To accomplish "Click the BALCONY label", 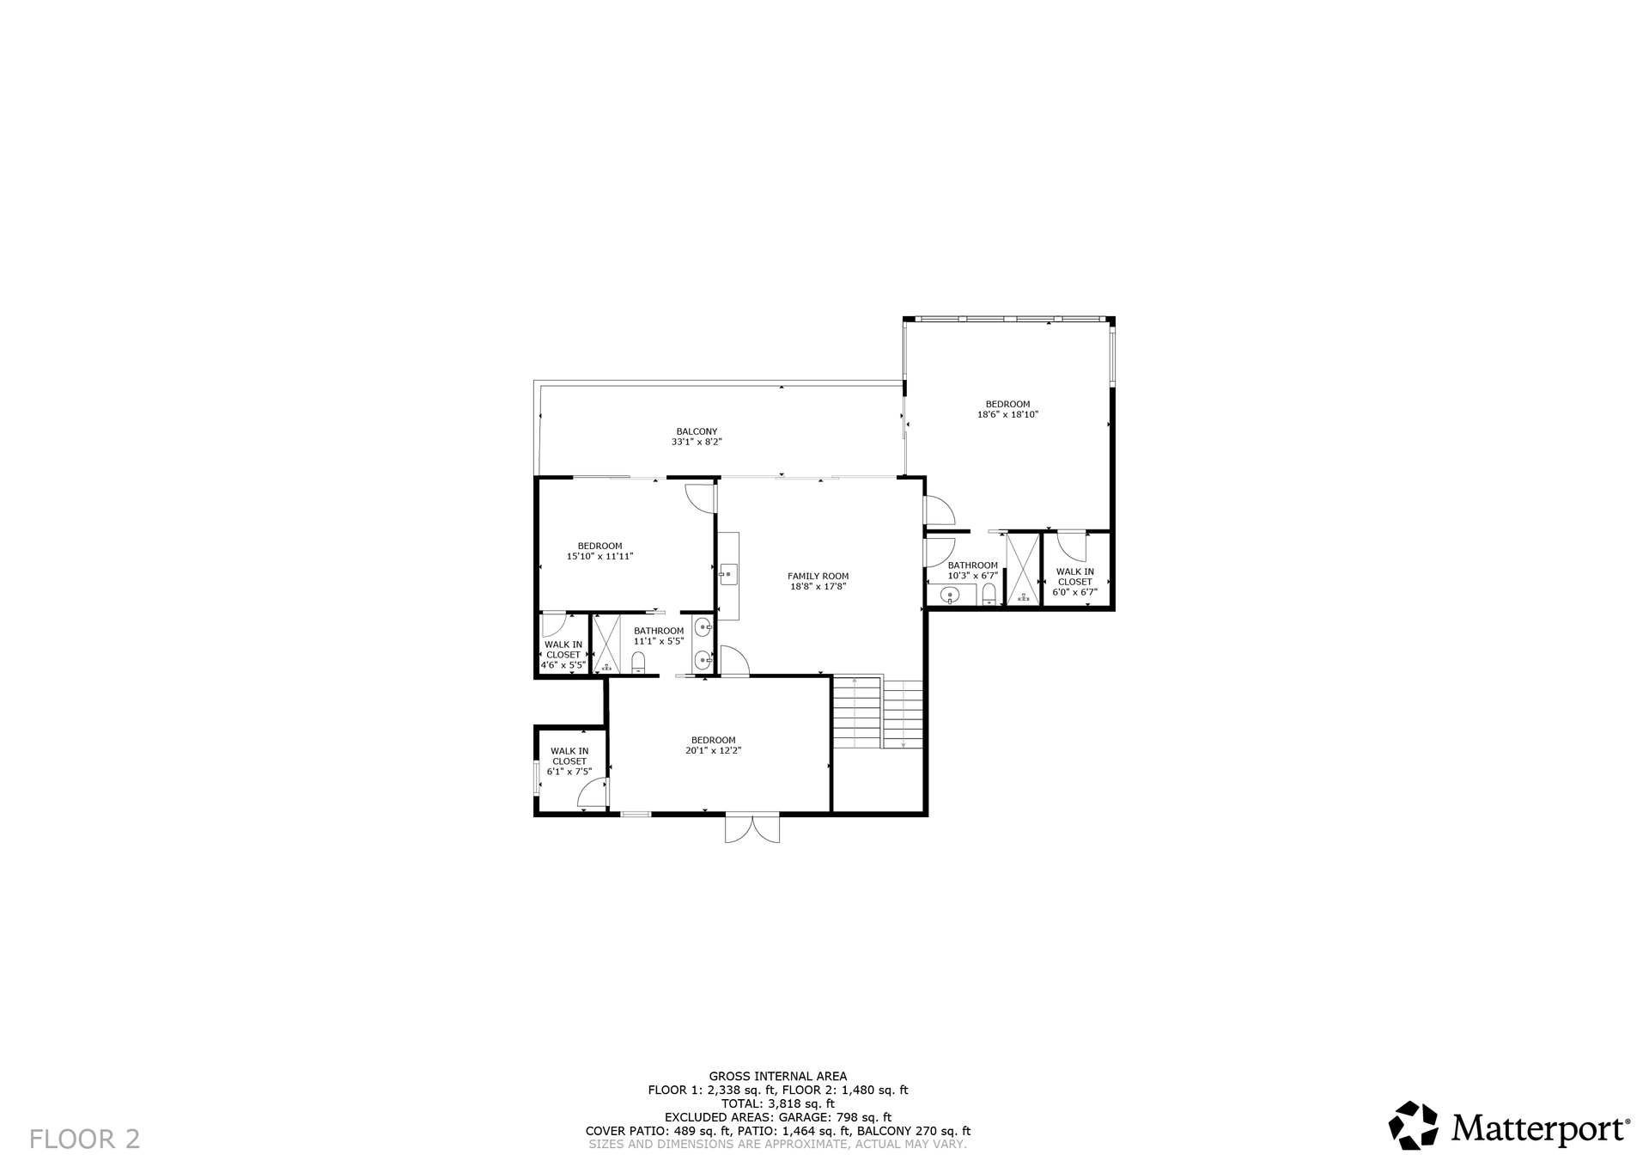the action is tap(697, 431).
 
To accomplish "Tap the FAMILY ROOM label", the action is tap(818, 577).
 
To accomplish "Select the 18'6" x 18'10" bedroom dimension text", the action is tap(1008, 414).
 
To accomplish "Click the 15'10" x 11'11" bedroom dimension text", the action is tap(600, 556).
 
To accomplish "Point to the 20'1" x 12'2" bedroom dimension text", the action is tap(714, 750).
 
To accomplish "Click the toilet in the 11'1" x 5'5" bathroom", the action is tap(638, 662).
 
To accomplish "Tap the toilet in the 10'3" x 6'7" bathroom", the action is tap(989, 595).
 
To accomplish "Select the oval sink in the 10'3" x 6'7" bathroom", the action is tap(950, 594).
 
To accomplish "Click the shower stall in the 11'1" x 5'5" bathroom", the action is tap(607, 644).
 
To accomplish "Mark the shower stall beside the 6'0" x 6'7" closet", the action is tap(1023, 569).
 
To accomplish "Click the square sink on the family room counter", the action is tap(729, 574).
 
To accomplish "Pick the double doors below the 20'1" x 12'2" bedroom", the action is tap(752, 828).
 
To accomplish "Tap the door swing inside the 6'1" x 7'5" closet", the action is tap(593, 794).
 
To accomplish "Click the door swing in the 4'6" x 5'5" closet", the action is tap(553, 625).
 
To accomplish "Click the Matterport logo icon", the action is tap(1414, 1125).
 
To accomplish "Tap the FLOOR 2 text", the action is tap(85, 1140).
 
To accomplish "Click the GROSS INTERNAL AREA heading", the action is tap(778, 1076).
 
